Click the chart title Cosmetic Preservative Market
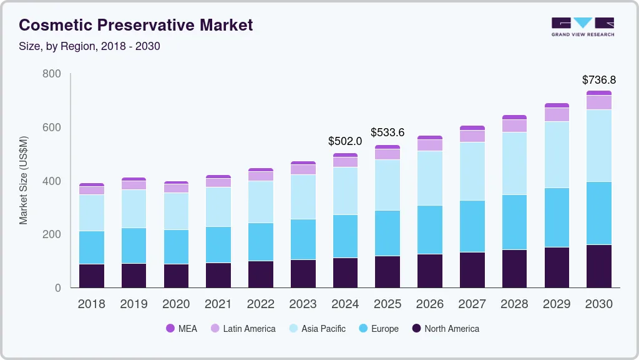pos(135,25)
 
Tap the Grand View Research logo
pos(582,27)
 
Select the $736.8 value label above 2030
pos(598,80)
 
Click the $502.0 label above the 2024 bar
pos(345,141)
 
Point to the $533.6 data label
pos(388,132)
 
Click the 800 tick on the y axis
pos(52,74)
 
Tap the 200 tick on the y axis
pos(52,234)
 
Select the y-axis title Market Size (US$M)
pos(24,180)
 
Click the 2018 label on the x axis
pos(91,304)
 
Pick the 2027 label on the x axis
pos(472,304)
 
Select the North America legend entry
pos(445,329)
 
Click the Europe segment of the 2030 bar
pos(598,213)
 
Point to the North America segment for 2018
pos(91,276)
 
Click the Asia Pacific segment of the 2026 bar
pos(429,178)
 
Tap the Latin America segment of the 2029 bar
pos(557,114)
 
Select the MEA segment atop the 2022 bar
pos(260,169)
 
